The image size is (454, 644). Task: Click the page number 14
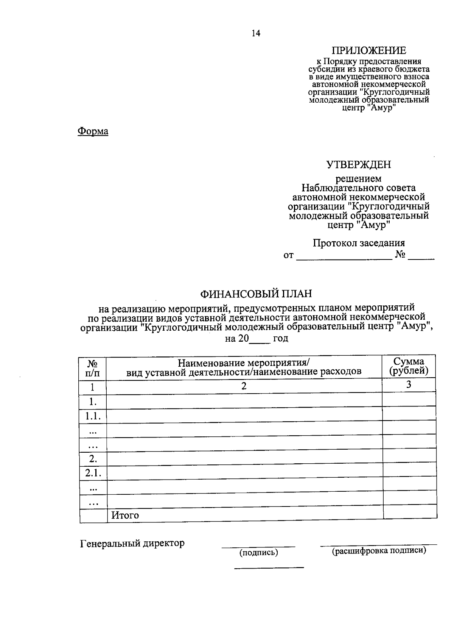pos(256,34)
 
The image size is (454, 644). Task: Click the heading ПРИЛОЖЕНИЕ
pos(369,50)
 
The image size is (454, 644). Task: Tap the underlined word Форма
pos(93,131)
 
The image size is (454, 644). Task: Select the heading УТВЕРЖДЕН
pos(359,164)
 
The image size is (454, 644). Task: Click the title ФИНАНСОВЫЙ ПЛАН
pos(257,294)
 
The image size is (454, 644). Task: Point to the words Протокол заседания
pos(359,243)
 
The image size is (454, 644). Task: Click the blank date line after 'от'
pos(344,256)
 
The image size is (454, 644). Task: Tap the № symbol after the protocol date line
pos(400,255)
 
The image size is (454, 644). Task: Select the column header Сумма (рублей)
pos(409,366)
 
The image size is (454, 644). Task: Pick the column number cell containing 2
pos(244,386)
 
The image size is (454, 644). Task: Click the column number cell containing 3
pos(409,385)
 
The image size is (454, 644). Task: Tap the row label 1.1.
pos(93,417)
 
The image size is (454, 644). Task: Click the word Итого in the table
pos(125,516)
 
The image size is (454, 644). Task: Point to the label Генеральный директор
pos(132,544)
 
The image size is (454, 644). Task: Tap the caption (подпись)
pos(259,553)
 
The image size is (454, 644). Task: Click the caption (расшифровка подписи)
pos(379,551)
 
